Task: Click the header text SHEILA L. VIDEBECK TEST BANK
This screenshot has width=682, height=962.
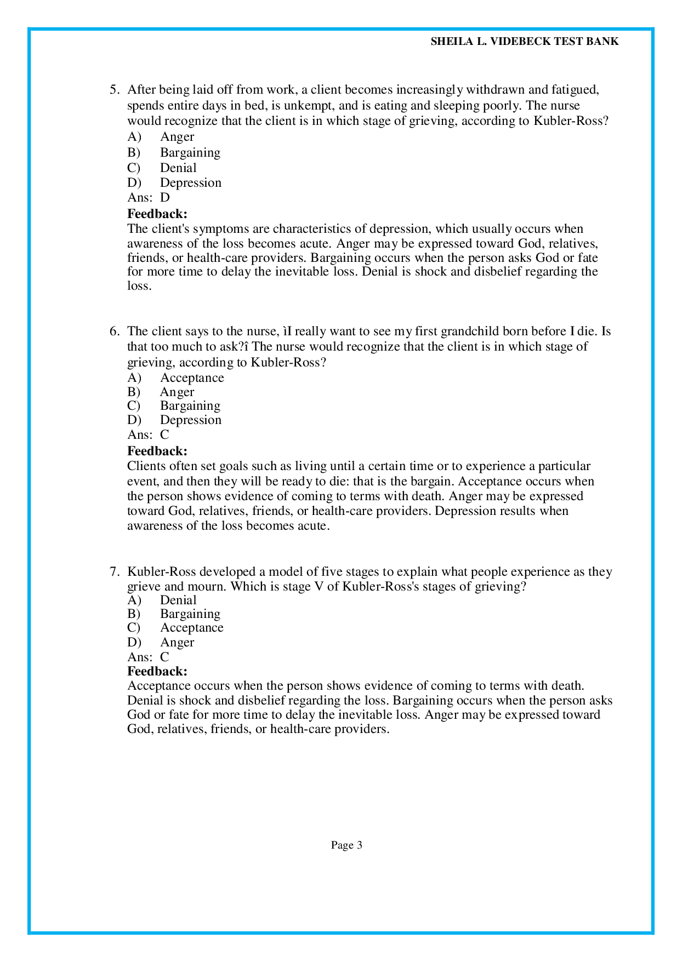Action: click(x=524, y=42)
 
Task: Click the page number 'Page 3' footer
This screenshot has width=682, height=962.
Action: click(x=346, y=845)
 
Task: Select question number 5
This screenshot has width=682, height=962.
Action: click(x=114, y=90)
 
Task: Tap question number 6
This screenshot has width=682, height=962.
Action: click(x=114, y=331)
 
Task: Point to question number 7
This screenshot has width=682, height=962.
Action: click(x=114, y=572)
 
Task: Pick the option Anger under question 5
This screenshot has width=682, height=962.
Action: click(x=177, y=137)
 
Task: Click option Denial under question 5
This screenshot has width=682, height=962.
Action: click(x=178, y=168)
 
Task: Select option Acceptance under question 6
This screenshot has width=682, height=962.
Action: click(x=192, y=378)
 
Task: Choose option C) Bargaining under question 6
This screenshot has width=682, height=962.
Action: click(x=190, y=406)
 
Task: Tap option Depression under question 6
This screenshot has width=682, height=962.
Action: click(x=190, y=420)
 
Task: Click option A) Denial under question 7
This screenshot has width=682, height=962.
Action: click(x=178, y=600)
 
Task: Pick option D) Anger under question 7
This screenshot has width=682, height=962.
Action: click(x=177, y=642)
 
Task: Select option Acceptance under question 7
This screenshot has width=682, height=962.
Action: click(x=191, y=628)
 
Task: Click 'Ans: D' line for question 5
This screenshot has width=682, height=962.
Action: click(x=149, y=198)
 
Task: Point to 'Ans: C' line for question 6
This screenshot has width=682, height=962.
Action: click(x=148, y=435)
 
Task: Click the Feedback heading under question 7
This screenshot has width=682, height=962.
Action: click(x=157, y=671)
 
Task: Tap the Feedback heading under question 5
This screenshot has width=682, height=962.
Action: click(x=157, y=214)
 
